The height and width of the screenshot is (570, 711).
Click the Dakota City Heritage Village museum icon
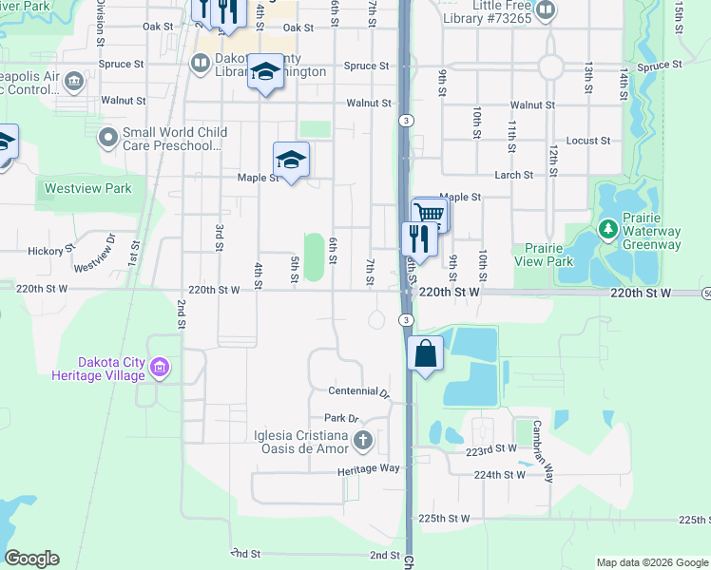click(160, 367)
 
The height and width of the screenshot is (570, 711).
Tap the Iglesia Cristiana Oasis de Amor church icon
click(362, 440)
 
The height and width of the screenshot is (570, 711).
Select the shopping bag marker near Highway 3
click(426, 354)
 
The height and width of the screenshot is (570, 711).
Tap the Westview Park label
click(88, 188)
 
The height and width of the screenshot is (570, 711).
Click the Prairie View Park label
click(544, 255)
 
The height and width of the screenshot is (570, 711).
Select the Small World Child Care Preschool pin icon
click(108, 139)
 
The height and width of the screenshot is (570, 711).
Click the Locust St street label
click(587, 141)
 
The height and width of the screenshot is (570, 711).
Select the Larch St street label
click(513, 175)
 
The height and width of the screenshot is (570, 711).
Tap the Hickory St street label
click(51, 251)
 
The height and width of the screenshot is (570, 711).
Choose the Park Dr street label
click(340, 418)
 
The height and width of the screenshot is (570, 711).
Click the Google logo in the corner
click(31, 559)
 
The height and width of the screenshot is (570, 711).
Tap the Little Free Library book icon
click(546, 10)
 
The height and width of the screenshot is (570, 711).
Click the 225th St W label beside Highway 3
click(445, 519)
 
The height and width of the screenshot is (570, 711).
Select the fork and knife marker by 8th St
click(418, 238)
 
